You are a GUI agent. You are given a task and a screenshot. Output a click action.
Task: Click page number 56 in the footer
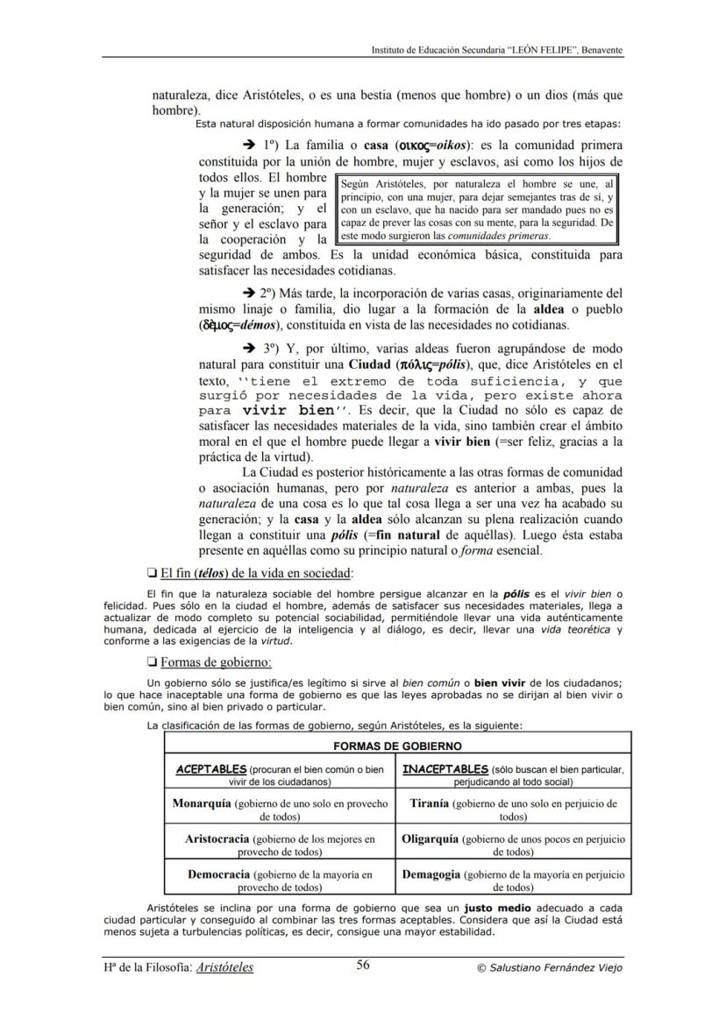[363, 966]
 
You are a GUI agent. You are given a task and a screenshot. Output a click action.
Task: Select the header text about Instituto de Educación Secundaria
[497, 50]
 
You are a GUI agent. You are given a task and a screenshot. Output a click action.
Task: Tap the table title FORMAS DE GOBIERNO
[396, 747]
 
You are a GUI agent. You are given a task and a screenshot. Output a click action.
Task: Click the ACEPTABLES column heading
[212, 769]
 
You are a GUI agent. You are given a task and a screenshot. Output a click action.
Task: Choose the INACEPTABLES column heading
[445, 769]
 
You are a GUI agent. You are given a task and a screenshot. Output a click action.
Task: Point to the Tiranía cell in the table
[513, 809]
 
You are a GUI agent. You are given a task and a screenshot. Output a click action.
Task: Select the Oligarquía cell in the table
[513, 845]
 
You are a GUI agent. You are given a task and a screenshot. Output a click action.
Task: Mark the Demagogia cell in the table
[513, 880]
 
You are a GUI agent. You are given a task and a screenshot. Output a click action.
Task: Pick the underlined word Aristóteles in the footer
[225, 967]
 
